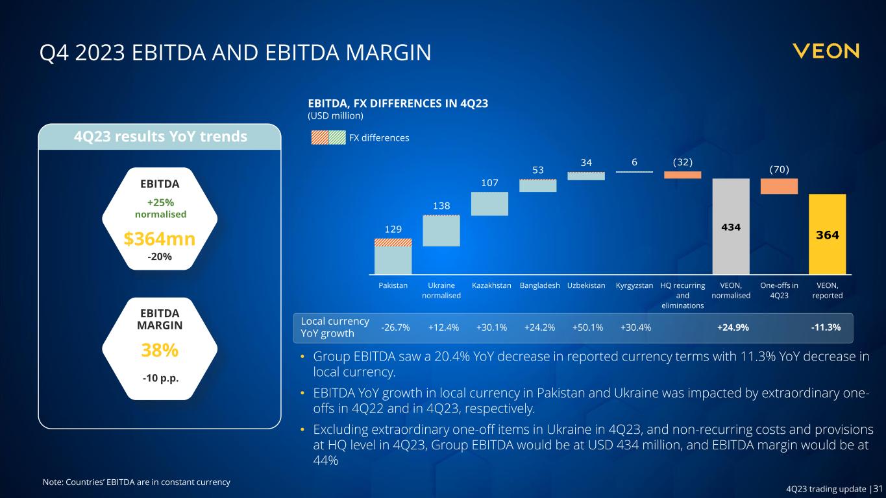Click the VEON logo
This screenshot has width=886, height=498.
tap(826, 51)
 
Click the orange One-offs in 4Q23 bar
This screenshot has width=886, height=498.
tap(779, 186)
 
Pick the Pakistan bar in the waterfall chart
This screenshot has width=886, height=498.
tap(393, 257)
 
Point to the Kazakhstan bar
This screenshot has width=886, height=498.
tap(489, 204)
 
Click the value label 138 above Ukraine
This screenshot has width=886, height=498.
tap(441, 206)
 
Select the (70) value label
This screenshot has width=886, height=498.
tap(779, 169)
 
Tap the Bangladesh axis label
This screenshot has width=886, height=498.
tap(540, 285)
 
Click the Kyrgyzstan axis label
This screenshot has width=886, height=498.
tap(634, 285)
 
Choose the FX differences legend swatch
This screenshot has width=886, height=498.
tap(328, 137)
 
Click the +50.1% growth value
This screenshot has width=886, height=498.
tap(587, 327)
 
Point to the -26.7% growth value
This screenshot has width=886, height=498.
tap(395, 327)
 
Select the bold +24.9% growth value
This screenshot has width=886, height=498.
tap(733, 327)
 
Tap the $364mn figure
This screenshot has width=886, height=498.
tap(160, 239)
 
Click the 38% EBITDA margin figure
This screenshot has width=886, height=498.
tap(160, 350)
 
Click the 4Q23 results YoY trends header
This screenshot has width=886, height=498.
tap(160, 137)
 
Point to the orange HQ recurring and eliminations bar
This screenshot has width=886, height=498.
tap(682, 175)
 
